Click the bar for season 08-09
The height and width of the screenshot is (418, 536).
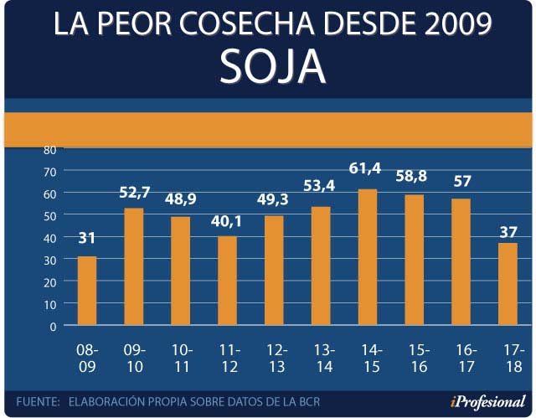tap(87, 291)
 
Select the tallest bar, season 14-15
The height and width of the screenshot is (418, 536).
tap(368, 257)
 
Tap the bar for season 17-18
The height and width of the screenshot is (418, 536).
tap(508, 284)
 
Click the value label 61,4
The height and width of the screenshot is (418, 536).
tap(365, 170)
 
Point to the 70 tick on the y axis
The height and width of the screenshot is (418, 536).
tap(49, 171)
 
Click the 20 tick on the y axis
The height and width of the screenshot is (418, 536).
tap(49, 281)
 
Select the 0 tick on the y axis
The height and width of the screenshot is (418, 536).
tap(53, 326)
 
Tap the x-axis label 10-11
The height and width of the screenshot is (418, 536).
tap(181, 358)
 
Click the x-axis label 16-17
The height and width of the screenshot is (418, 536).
tap(467, 358)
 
